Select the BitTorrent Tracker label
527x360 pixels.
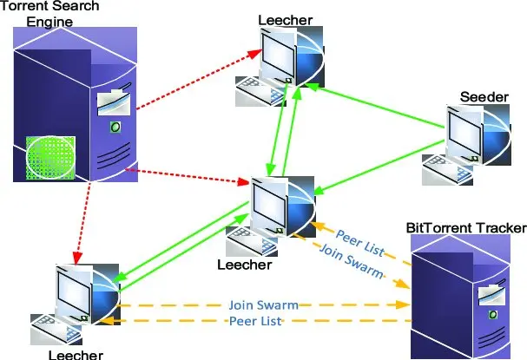click(x=465, y=228)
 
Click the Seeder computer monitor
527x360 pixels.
click(x=464, y=135)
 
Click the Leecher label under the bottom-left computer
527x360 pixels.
click(x=76, y=354)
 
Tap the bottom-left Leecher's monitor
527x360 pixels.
click(x=77, y=291)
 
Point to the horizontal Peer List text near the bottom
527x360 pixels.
click(x=258, y=322)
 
